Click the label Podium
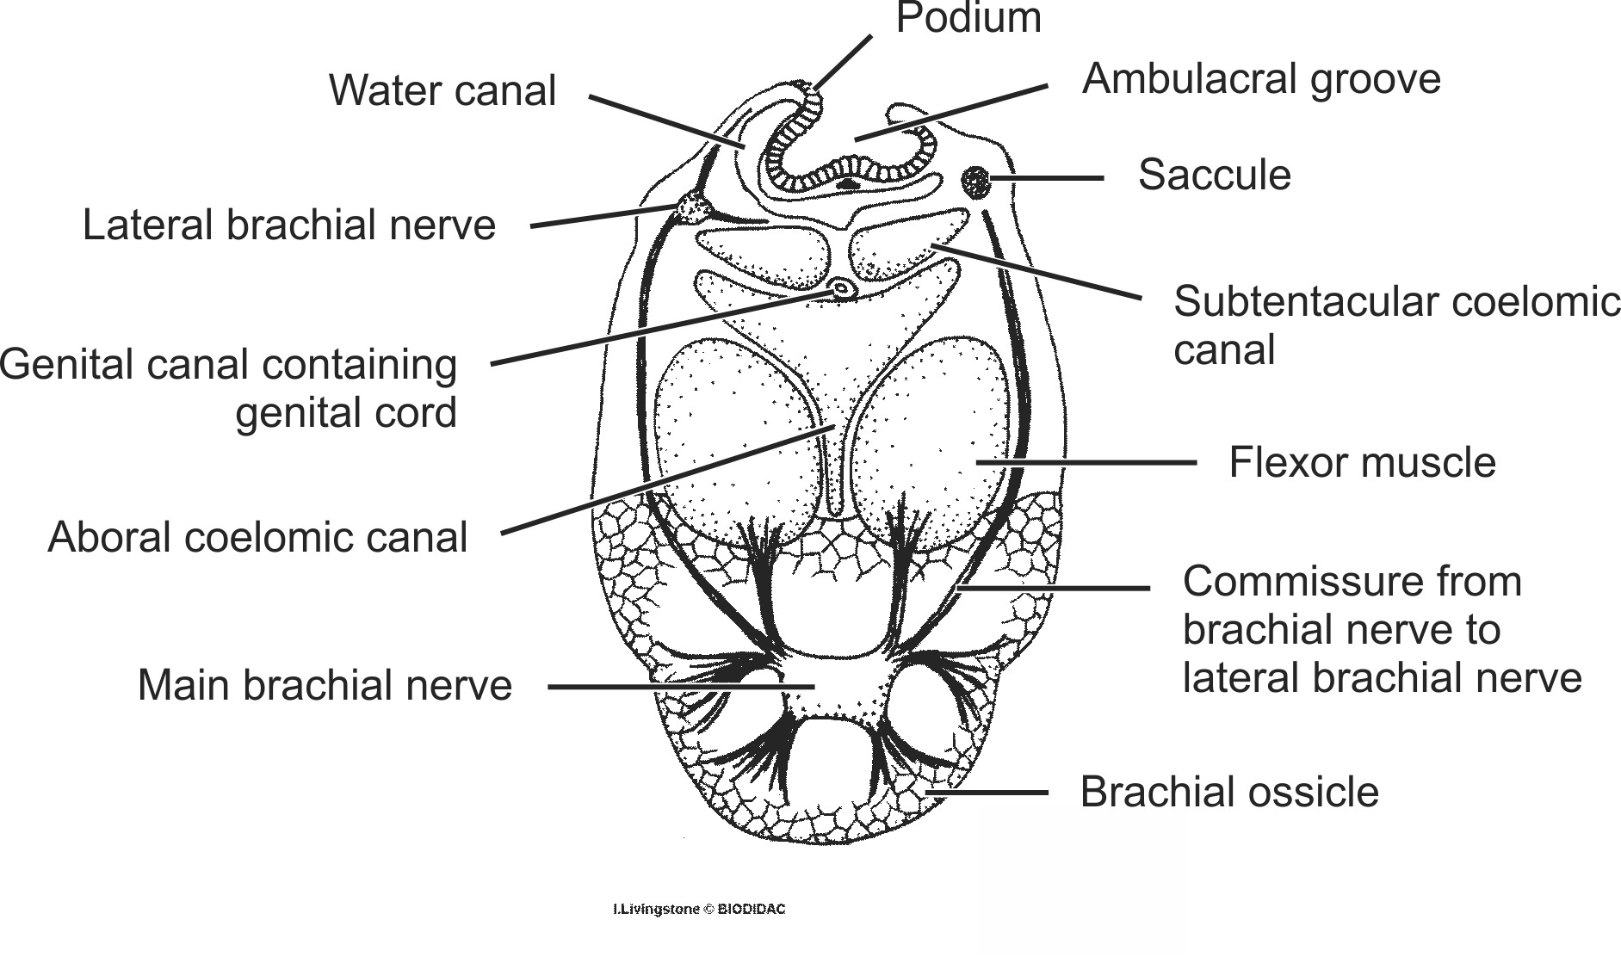point(968,19)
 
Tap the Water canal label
point(442,90)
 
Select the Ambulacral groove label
point(1260,78)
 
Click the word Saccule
point(1214,175)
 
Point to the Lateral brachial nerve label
point(289,225)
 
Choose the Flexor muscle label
point(1362,462)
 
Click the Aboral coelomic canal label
point(257,537)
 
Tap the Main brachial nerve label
point(325,685)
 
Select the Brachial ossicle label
point(1228,792)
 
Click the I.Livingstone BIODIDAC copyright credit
point(699,909)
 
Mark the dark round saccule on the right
point(976,181)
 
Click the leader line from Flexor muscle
point(1085,462)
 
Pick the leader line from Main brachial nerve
point(680,687)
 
